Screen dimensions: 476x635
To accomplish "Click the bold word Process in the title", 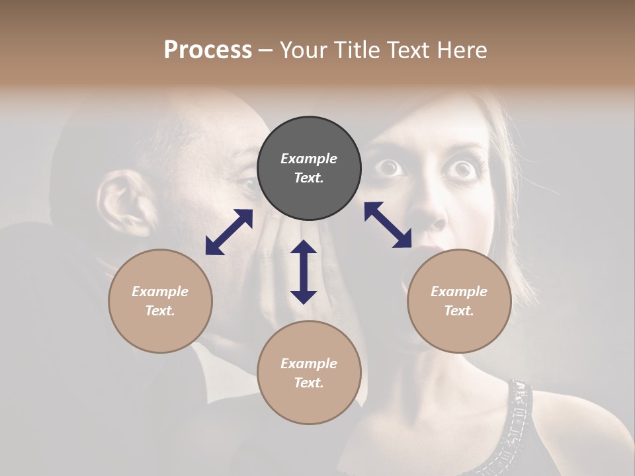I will [x=208, y=50].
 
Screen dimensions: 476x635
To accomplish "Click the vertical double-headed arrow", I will [x=304, y=272].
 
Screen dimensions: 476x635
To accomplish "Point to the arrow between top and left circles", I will [x=229, y=231].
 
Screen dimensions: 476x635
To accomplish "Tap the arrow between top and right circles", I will [x=388, y=225].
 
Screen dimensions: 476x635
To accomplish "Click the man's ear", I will [x=122, y=202].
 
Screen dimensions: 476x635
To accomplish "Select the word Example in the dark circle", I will [x=309, y=159].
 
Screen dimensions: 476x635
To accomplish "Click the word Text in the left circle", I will [x=160, y=311].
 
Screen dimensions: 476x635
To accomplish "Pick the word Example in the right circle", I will [x=459, y=292].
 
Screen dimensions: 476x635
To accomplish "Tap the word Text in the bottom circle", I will [x=309, y=383].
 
